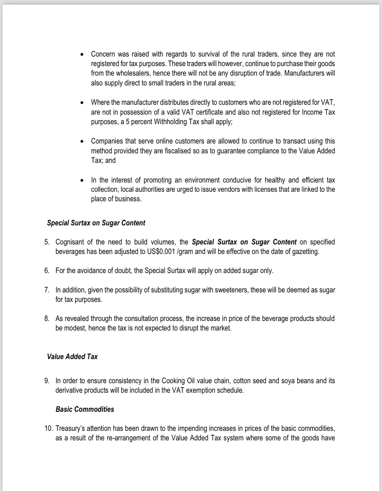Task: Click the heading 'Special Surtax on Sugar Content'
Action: click(96, 223)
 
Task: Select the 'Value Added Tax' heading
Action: click(72, 357)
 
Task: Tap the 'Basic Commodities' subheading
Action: click(85, 409)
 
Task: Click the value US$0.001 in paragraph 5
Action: click(161, 252)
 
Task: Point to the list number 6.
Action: click(47, 271)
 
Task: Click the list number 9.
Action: click(47, 381)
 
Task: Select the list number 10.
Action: click(48, 429)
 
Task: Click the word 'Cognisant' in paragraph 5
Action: click(69, 242)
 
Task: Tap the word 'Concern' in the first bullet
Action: click(102, 54)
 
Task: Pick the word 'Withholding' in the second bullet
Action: click(170, 122)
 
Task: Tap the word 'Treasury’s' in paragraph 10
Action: click(70, 429)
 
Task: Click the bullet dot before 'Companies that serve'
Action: click(82, 142)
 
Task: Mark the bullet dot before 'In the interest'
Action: click(82, 181)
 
